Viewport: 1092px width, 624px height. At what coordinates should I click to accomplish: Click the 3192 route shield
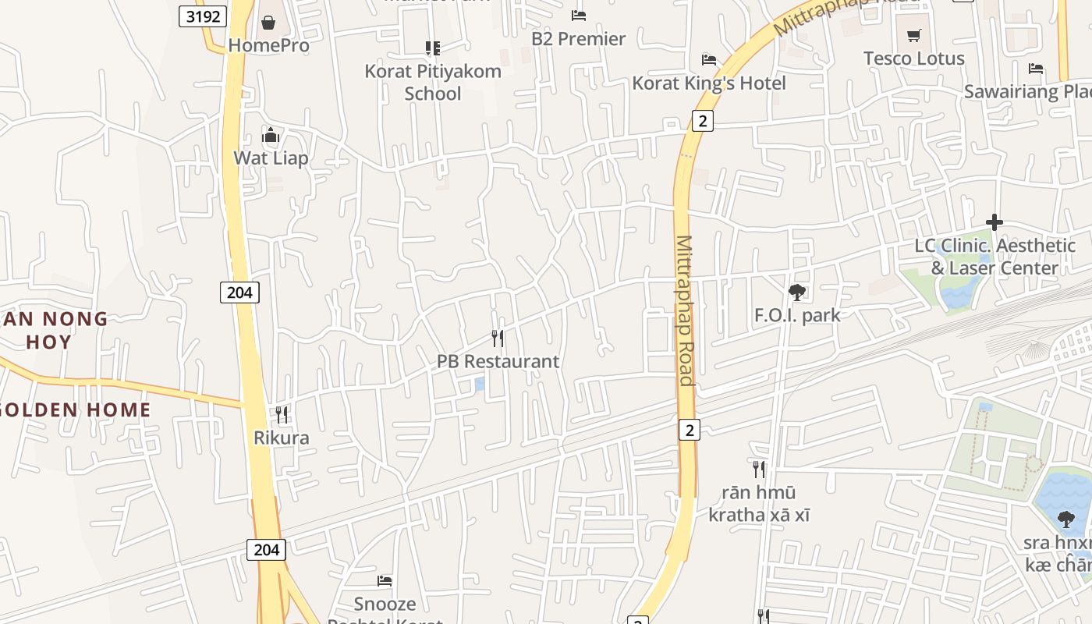(x=203, y=16)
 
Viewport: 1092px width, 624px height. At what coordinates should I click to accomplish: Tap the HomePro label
(x=268, y=45)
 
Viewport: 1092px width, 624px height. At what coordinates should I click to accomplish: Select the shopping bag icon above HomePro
(x=268, y=23)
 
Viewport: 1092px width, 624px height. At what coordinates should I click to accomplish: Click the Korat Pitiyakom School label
(x=433, y=82)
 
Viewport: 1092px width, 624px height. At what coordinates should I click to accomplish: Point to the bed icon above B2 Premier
(x=578, y=15)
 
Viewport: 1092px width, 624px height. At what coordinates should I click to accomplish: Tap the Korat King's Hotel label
(x=709, y=83)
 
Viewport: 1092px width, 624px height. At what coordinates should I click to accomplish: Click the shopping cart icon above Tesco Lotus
(x=914, y=35)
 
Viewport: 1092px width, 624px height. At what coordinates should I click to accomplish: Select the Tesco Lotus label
(x=914, y=58)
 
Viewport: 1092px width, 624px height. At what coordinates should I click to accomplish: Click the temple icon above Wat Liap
(x=271, y=136)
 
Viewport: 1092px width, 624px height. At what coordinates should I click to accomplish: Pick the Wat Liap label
(x=271, y=158)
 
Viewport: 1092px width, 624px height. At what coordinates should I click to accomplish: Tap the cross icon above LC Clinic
(x=994, y=222)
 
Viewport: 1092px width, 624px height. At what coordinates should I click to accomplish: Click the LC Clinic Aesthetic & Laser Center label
(x=994, y=257)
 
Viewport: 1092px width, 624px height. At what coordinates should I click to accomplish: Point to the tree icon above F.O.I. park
(x=796, y=292)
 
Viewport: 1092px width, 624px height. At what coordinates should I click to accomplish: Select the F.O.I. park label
(x=797, y=315)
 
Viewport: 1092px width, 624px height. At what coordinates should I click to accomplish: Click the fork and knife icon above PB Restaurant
(x=498, y=339)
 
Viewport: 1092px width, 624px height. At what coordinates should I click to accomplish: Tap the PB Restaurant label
(x=498, y=362)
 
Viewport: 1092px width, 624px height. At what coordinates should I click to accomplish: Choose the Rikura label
(x=282, y=438)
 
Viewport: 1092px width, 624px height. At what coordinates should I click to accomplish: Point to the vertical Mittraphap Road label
(x=685, y=310)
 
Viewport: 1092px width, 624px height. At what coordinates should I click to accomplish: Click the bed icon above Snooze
(x=385, y=581)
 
